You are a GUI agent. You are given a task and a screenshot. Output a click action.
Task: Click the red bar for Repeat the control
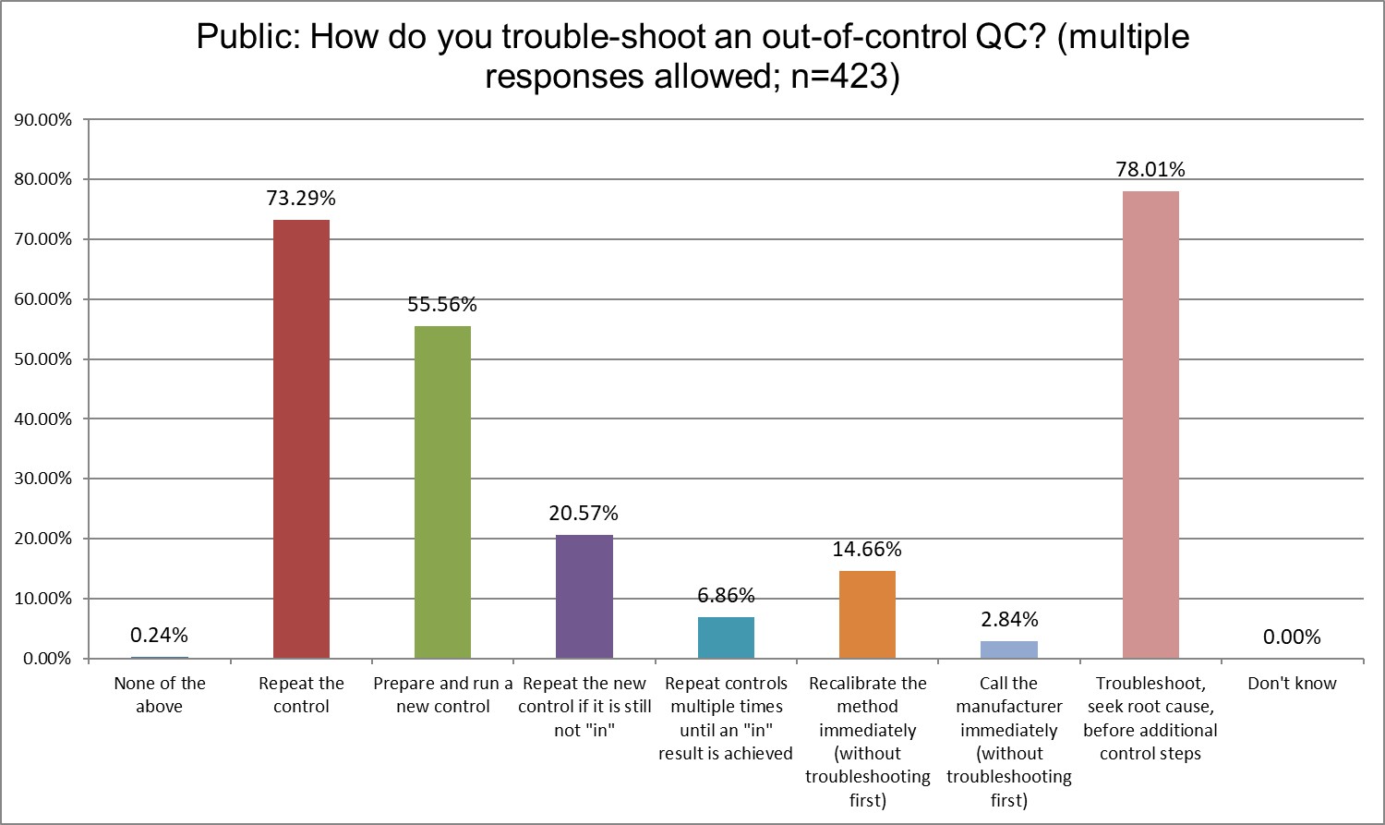(301, 439)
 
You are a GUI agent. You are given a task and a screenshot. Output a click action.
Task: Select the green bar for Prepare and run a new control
(442, 491)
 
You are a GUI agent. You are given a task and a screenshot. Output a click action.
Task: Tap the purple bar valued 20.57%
(584, 596)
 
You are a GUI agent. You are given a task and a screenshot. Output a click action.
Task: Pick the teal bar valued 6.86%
(726, 637)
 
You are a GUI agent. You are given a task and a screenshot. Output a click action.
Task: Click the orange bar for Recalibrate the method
(867, 614)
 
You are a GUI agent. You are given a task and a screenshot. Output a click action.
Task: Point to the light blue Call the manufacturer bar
(1009, 649)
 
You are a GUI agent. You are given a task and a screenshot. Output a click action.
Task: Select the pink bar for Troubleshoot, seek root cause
(1150, 425)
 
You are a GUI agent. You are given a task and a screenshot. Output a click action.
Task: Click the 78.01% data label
(1150, 169)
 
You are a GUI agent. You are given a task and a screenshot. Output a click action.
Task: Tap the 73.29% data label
(301, 198)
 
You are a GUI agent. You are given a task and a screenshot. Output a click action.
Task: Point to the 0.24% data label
(159, 635)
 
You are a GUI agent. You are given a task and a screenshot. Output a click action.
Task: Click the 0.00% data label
(1292, 637)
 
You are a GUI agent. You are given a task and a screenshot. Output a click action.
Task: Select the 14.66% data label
(867, 549)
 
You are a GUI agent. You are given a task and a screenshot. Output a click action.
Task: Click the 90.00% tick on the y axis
(42, 120)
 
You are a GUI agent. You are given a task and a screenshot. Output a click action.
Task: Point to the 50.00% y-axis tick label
(42, 359)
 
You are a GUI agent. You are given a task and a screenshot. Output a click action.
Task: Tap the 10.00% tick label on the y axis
(42, 599)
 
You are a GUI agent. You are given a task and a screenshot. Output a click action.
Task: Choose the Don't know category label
(1292, 684)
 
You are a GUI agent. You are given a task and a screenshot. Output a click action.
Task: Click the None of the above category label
(159, 695)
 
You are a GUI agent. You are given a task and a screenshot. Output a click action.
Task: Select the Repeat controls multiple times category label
(726, 718)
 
